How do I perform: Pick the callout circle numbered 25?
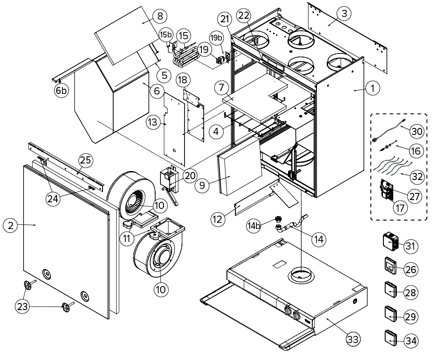86,159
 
